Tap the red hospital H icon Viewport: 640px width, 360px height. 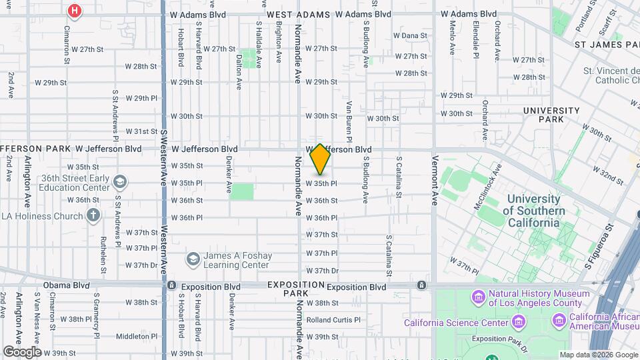75,11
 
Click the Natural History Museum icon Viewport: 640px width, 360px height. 478,296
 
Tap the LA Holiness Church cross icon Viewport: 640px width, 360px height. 93,215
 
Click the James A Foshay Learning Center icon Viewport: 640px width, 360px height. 193,258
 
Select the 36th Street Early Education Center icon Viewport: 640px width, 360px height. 120,181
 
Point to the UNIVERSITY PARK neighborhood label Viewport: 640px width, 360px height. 551,115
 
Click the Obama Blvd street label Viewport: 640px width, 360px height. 66,285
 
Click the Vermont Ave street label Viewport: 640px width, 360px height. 435,181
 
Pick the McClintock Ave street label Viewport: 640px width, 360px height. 487,193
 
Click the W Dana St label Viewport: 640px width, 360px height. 410,35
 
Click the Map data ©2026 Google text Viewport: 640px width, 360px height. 599,355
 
